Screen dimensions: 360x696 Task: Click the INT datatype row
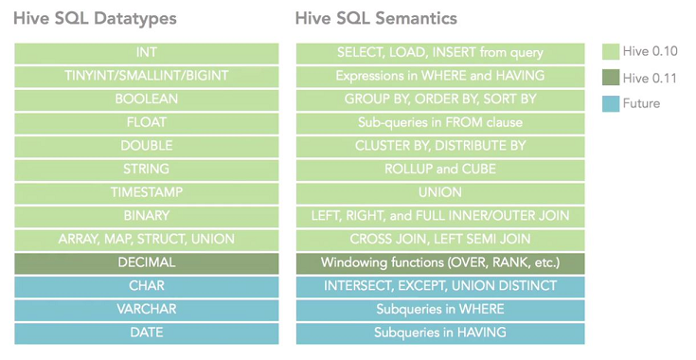(x=147, y=53)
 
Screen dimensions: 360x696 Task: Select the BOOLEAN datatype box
(x=147, y=99)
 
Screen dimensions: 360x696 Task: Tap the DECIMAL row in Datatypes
(x=147, y=262)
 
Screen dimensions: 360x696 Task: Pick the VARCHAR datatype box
(x=147, y=309)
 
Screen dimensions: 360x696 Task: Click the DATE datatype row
(x=147, y=333)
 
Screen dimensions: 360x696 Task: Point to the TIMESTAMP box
(x=147, y=192)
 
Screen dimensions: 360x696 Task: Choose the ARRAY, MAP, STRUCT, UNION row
(x=147, y=239)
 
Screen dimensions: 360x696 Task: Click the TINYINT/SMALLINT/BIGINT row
(x=147, y=76)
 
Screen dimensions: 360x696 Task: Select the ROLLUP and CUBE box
(x=440, y=170)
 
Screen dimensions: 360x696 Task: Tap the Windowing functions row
(x=440, y=262)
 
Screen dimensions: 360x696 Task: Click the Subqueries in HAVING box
(x=440, y=333)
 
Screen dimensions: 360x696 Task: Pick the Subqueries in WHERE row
(x=440, y=309)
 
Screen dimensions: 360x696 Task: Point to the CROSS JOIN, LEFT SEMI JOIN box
(x=440, y=239)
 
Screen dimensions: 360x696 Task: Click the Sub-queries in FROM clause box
(x=440, y=122)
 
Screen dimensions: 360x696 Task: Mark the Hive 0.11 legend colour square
(x=611, y=78)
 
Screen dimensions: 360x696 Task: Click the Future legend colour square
(x=611, y=103)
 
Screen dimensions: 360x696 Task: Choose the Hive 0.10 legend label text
(x=651, y=51)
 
